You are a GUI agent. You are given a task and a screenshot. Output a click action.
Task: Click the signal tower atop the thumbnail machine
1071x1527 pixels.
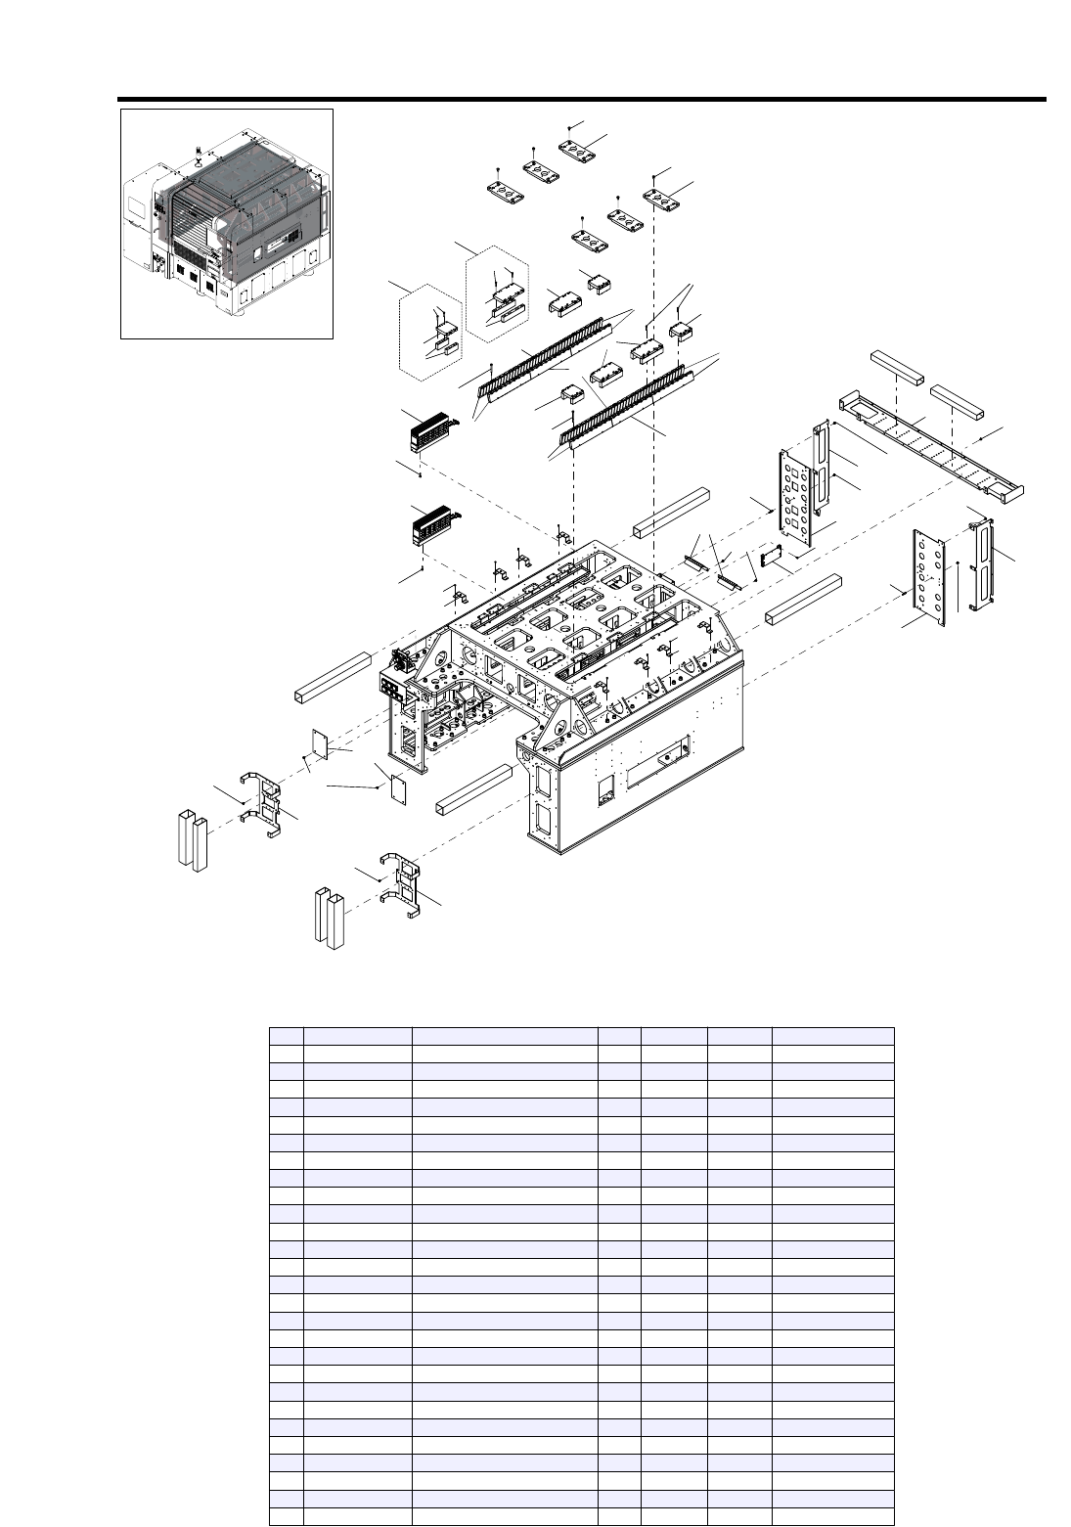tap(199, 156)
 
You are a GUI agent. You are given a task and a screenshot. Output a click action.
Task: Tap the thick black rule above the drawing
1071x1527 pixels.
tap(581, 99)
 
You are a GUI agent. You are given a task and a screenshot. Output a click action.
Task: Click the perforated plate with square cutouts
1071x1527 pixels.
tap(797, 498)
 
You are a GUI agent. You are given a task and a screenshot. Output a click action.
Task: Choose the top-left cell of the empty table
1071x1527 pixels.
tap(287, 1036)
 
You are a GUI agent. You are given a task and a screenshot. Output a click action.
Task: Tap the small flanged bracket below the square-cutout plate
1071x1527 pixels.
tap(769, 555)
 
